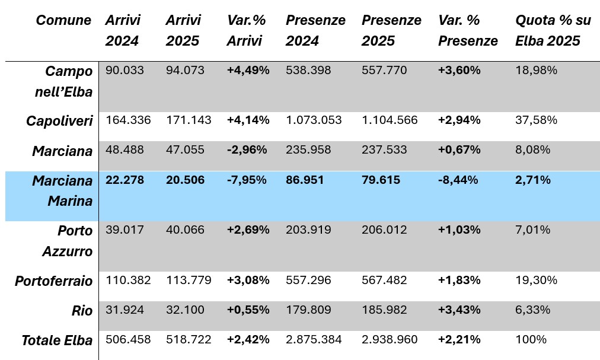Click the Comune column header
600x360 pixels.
pyautogui.click(x=63, y=20)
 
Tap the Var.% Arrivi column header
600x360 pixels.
pyautogui.click(x=247, y=31)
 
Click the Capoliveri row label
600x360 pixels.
pyautogui.click(x=59, y=120)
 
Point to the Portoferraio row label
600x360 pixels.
pyautogui.click(x=54, y=281)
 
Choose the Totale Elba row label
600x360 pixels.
pyautogui.click(x=57, y=340)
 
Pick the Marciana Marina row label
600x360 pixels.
pyautogui.click(x=62, y=190)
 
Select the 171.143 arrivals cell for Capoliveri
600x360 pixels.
pyautogui.click(x=189, y=120)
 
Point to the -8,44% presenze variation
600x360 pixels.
pyautogui.click(x=458, y=180)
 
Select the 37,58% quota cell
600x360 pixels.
pyautogui.click(x=537, y=120)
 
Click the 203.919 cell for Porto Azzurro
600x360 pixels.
pyautogui.click(x=308, y=230)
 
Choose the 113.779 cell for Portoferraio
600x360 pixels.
pyautogui.click(x=189, y=280)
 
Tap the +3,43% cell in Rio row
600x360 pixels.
pyautogui.click(x=459, y=310)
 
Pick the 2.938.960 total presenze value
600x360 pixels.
pyautogui.click(x=390, y=340)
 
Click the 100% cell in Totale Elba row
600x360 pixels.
pyautogui.click(x=531, y=340)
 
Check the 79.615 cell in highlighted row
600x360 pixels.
pyautogui.click(x=381, y=180)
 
